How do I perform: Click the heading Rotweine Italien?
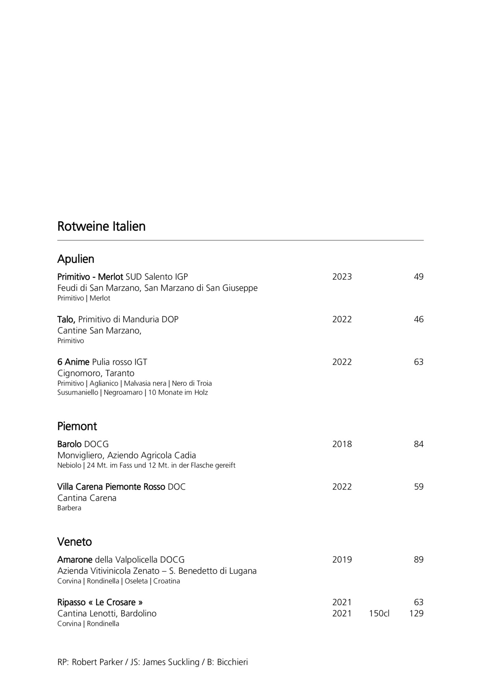[x=101, y=227]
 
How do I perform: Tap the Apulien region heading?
[x=76, y=259]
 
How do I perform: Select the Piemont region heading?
[x=77, y=426]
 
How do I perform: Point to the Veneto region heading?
[x=74, y=542]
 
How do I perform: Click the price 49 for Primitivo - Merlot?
[x=418, y=277]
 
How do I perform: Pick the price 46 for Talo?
[x=418, y=319]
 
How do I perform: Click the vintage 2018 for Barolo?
[x=342, y=444]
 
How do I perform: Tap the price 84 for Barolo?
[x=418, y=444]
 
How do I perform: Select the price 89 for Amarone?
[x=418, y=560]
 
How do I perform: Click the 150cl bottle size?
[x=379, y=613]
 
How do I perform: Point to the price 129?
[x=416, y=613]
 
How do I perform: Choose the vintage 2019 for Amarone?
[x=342, y=560]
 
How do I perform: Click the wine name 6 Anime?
[x=73, y=362]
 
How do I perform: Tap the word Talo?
[x=66, y=319]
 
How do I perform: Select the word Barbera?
[x=69, y=508]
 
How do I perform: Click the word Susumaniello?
[x=78, y=393]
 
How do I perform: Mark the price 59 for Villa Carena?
[x=418, y=487]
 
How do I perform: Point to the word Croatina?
[x=166, y=581]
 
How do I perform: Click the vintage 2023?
[x=342, y=277]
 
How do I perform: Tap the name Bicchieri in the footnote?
[x=232, y=662]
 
